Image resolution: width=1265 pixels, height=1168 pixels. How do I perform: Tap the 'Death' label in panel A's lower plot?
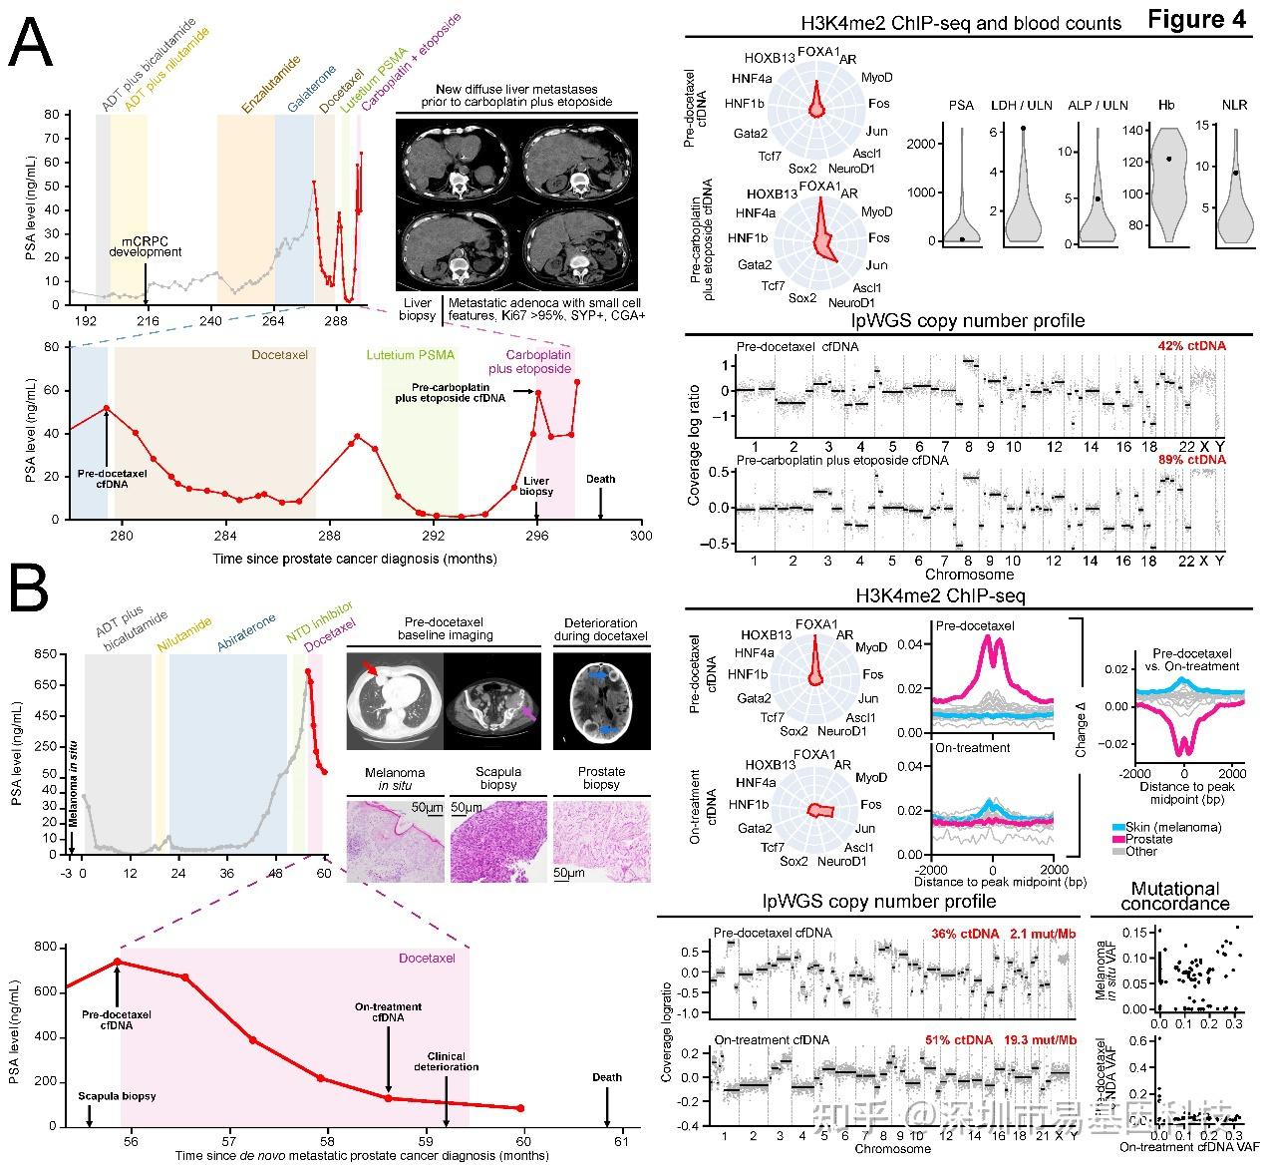(x=600, y=479)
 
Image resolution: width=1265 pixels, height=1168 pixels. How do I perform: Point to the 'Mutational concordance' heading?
(x=1174, y=896)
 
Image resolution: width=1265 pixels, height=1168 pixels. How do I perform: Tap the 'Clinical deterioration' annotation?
(x=446, y=1061)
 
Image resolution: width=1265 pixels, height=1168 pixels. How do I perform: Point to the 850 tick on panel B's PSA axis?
(x=45, y=654)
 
